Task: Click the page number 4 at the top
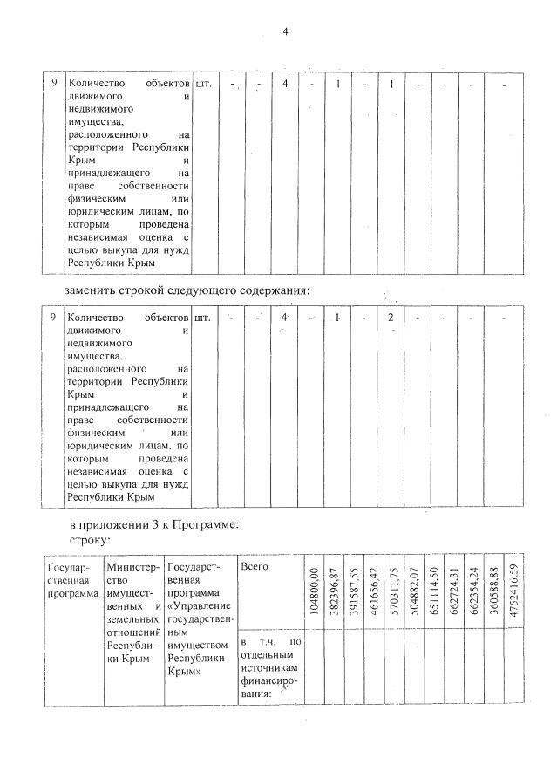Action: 285,32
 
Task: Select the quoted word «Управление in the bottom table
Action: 200,605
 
